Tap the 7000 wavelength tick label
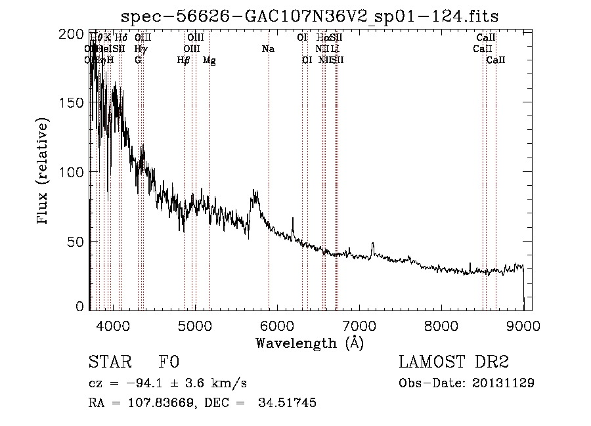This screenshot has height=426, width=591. [359, 326]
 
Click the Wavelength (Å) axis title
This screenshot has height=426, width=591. [309, 343]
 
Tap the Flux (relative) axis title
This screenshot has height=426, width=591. [44, 172]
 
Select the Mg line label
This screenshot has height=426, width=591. [209, 60]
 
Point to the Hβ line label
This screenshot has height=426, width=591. [184, 60]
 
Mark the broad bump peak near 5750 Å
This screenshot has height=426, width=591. [255, 192]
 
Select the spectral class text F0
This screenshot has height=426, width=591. [169, 362]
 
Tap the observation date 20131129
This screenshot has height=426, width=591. [503, 383]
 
